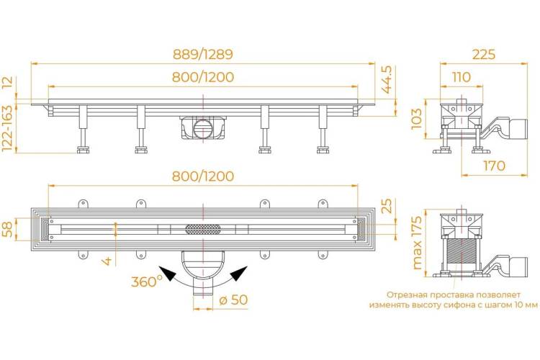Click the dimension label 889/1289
pos(202,54)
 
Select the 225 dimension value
pos(484,54)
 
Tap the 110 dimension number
pos(461,77)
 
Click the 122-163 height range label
pos(7,128)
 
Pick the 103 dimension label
pos(416,119)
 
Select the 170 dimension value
pos(494,166)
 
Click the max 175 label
pos(416,243)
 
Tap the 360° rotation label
pos(146,282)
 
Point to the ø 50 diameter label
pos(233,300)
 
